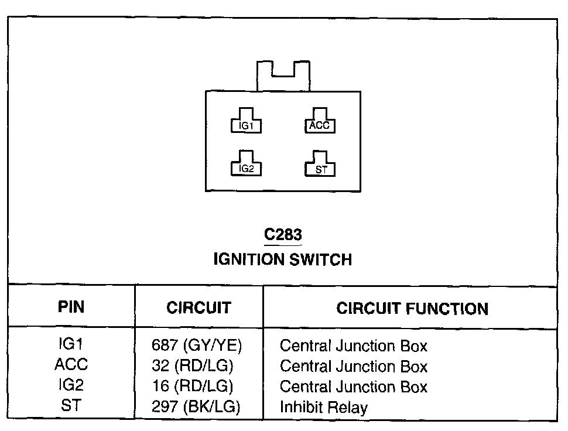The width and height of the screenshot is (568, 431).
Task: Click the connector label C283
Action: point(283,235)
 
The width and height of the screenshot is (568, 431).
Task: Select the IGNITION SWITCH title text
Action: point(283,259)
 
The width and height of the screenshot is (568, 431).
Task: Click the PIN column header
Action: point(71,307)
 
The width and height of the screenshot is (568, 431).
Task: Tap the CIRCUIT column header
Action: point(199,307)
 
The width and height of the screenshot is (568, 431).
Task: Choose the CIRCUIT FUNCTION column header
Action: point(412,309)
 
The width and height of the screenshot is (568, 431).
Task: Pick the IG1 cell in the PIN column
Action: point(71,344)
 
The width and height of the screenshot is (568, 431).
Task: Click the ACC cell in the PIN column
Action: point(71,365)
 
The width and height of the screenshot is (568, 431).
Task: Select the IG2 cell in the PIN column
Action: point(71,385)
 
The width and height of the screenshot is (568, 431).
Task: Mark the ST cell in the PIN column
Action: point(71,405)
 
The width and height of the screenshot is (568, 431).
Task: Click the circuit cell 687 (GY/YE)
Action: point(197,346)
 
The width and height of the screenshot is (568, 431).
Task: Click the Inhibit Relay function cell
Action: point(323,407)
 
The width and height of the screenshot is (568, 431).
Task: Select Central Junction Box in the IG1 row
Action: point(354,346)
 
